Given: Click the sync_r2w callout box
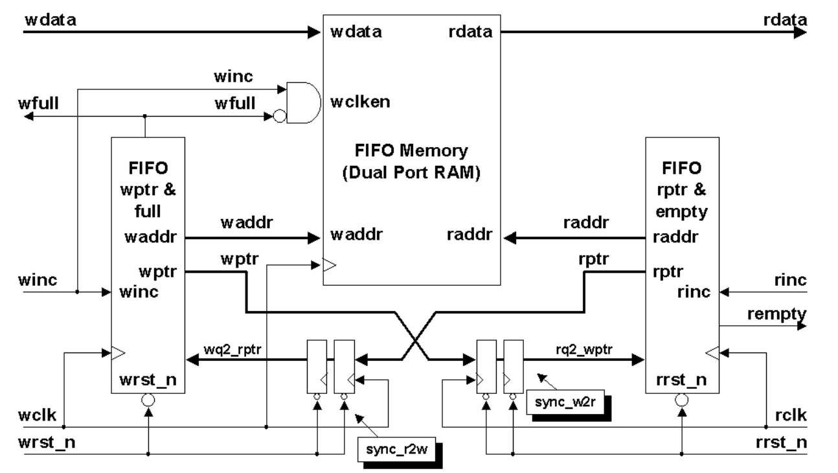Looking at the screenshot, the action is pos(396,450).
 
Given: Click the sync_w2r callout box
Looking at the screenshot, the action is pos(565,402).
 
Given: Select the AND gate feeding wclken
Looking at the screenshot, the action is pos(303,102).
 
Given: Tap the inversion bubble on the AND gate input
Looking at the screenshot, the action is pos(280,117).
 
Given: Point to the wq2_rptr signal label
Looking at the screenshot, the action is pos(232,349).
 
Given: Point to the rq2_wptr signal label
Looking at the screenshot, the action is pos(584,349).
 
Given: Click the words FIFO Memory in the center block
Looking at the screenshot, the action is pos(411,150).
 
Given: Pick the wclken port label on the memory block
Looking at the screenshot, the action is pos(360,102).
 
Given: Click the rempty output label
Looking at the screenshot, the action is pos(776,315).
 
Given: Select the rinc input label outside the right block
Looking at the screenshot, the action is pos(790,280).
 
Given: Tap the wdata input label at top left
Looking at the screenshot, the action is pos(51,20).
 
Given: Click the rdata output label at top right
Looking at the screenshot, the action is pos(786,20).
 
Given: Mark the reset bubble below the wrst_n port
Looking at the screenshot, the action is pos(148,400).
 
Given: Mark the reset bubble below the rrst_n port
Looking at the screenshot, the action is pos(682,400).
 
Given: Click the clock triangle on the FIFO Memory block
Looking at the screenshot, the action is pos(330,265).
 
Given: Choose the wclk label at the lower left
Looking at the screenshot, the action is pos(37,415).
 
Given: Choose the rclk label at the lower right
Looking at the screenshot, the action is pos(791,415).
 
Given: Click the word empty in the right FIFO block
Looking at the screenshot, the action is pos(682,212).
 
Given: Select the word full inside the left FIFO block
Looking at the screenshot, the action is pos(148,211).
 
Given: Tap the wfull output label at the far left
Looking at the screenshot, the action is pos(38,103).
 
